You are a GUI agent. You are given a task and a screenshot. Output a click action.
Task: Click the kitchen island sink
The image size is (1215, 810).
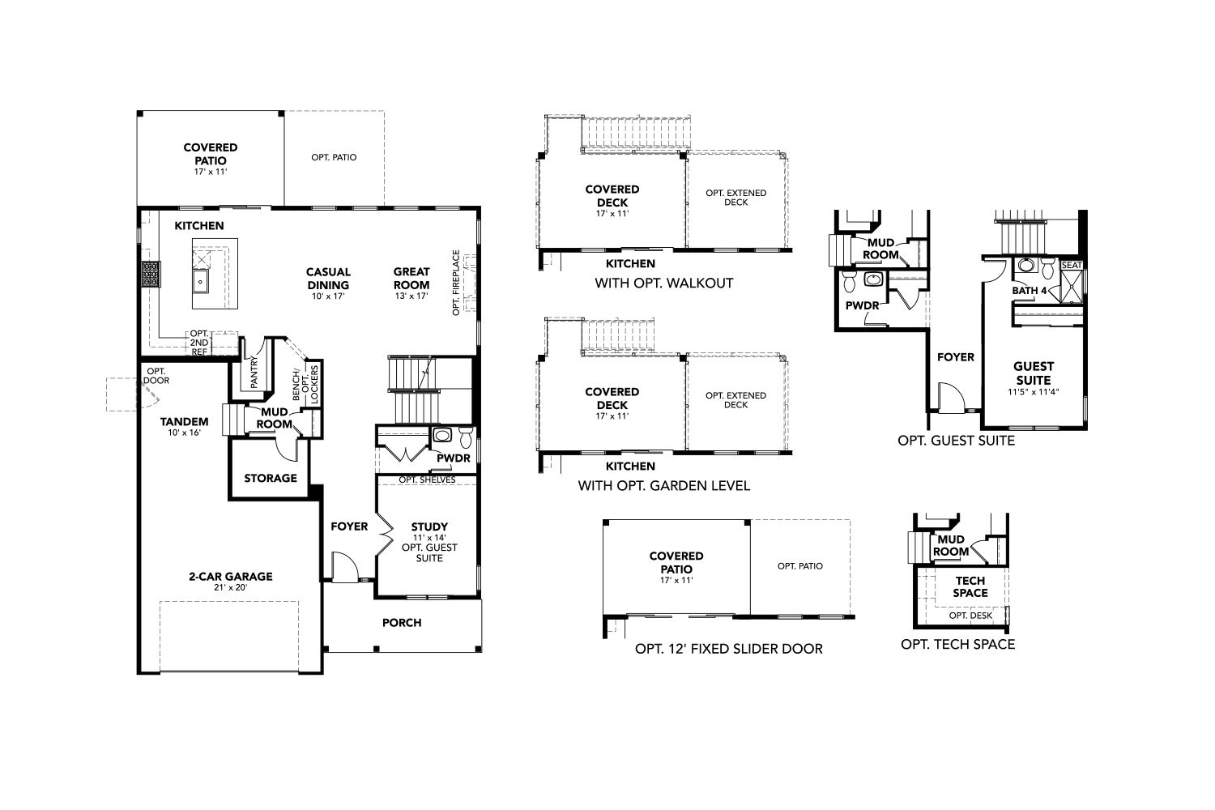(x=201, y=282)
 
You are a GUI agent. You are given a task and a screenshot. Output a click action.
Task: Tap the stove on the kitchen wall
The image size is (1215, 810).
(x=150, y=274)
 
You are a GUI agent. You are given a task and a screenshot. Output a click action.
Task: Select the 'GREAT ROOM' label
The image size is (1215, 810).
(x=411, y=279)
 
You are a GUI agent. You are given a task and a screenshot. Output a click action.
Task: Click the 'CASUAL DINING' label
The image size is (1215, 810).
(x=328, y=279)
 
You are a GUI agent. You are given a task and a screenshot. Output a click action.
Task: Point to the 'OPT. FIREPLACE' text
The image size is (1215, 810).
(x=455, y=283)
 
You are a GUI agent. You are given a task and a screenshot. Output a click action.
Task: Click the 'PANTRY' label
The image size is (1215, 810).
(x=254, y=372)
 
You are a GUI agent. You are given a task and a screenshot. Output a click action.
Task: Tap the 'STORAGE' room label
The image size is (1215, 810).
(x=271, y=478)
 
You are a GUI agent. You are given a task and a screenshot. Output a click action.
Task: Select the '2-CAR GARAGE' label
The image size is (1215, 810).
(x=231, y=577)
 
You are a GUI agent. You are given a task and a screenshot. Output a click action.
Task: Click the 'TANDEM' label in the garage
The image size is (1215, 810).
(x=185, y=421)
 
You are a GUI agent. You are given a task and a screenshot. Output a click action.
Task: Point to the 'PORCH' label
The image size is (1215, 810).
(x=402, y=622)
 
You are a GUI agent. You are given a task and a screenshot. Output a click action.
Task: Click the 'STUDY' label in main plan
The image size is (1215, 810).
(x=429, y=526)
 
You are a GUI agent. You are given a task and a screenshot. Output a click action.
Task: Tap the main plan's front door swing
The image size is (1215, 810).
(x=346, y=566)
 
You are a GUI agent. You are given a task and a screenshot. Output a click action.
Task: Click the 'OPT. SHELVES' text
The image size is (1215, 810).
(x=427, y=480)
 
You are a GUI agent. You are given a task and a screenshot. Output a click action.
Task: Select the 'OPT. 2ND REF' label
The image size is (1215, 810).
(x=199, y=343)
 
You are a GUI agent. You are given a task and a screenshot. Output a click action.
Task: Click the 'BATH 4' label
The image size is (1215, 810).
(x=1029, y=290)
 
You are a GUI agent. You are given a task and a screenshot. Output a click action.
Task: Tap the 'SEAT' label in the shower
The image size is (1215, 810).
(x=1072, y=266)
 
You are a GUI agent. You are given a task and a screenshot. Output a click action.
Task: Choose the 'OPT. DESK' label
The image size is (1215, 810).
(x=970, y=616)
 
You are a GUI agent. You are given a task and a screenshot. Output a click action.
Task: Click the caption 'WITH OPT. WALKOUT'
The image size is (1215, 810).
(x=664, y=283)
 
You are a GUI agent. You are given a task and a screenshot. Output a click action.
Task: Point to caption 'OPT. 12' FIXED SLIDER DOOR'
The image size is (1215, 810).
(x=728, y=648)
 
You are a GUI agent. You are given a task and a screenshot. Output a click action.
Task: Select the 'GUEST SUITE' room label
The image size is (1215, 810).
(x=1034, y=373)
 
